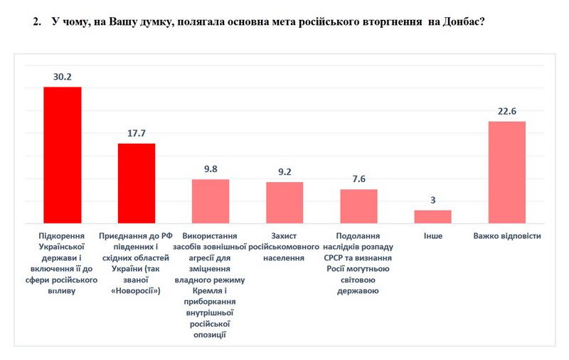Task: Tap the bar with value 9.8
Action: [211, 201]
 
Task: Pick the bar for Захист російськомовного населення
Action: [284, 203]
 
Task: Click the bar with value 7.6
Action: [358, 206]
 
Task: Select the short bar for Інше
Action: [432, 216]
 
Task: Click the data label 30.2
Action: [63, 76]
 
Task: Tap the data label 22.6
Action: [506, 110]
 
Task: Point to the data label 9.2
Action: [284, 171]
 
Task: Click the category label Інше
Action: [432, 235]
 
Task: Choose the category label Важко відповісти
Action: [506, 235]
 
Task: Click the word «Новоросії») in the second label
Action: [137, 291]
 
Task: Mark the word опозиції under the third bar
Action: [210, 334]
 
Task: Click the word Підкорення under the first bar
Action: [63, 235]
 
